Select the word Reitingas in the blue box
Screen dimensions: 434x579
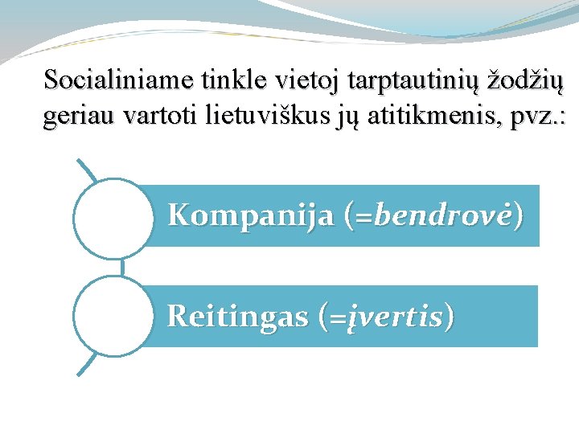click(237, 317)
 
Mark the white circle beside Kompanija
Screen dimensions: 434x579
click(113, 217)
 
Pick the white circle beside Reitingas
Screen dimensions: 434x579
click(113, 316)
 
